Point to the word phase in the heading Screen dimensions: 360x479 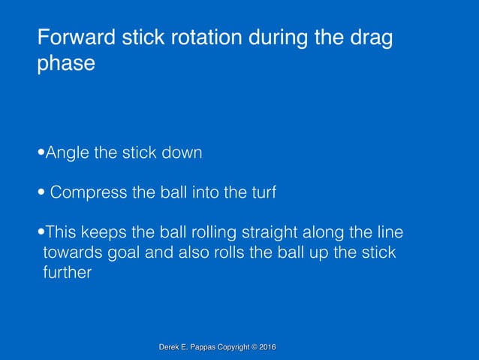[x=66, y=63]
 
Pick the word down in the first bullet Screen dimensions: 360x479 [x=182, y=153]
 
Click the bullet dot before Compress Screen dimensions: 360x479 [x=41, y=194]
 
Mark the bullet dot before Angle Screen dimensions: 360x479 [x=41, y=154]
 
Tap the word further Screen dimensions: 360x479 [x=67, y=273]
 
